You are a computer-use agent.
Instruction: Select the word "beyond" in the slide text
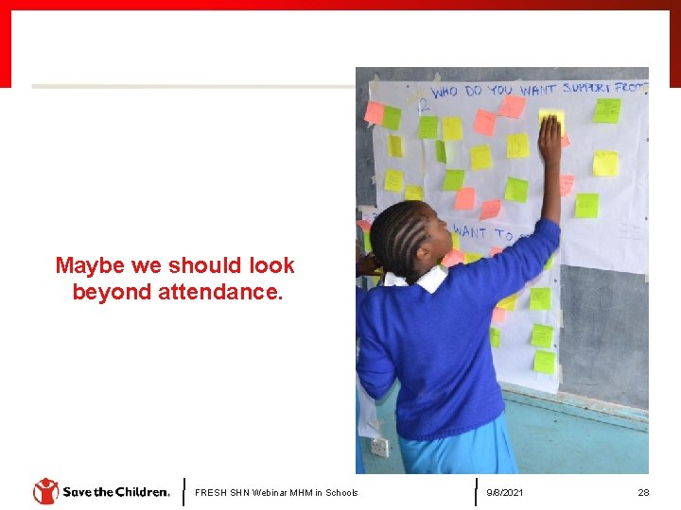[112, 292]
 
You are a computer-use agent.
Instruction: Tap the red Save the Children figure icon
[45, 491]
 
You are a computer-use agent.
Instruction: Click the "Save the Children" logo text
[115, 492]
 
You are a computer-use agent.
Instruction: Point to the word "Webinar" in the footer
[267, 492]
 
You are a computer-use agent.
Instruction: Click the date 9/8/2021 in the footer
[504, 492]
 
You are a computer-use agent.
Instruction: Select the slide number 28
[643, 492]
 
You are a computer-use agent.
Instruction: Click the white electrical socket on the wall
[379, 447]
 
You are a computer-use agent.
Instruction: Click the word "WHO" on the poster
[445, 93]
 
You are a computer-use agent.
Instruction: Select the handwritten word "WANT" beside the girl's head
[469, 230]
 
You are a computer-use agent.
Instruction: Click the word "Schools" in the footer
[341, 492]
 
